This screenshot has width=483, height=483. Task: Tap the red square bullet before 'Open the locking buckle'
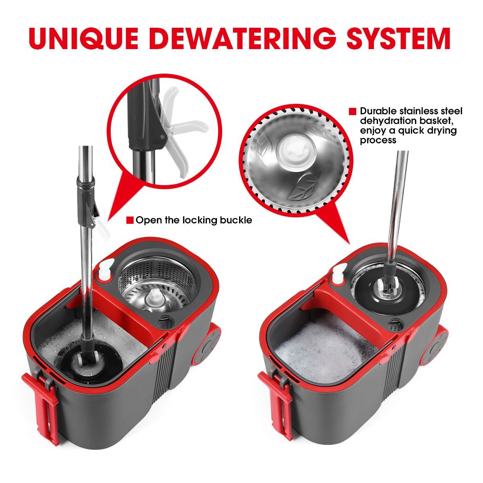130,220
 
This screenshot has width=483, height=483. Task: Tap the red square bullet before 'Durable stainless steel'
353,111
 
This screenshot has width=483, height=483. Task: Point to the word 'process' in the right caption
378,140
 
